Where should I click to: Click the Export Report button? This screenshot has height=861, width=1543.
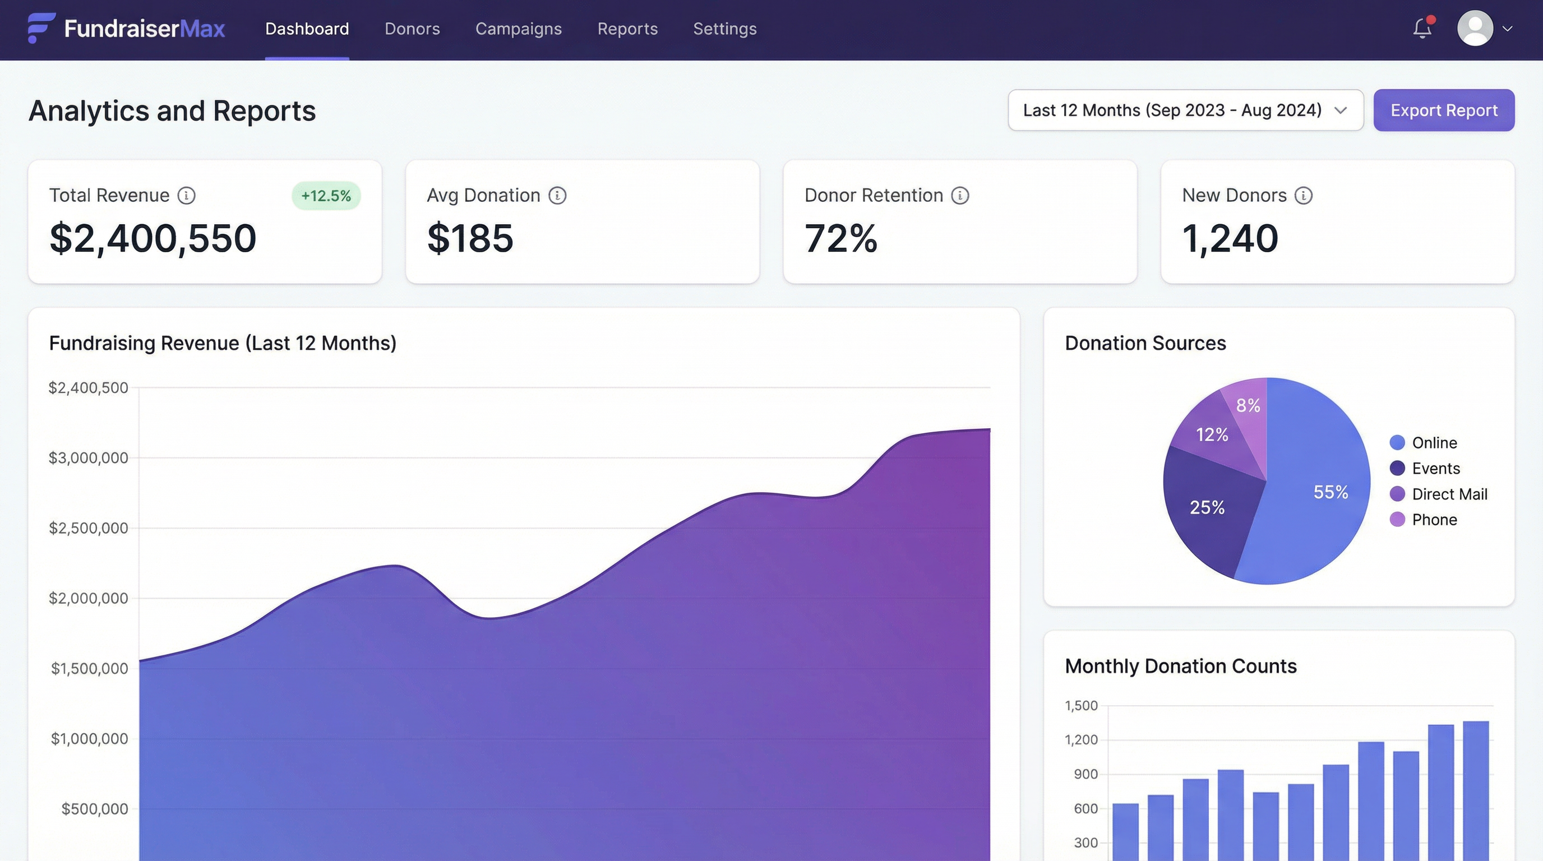(x=1444, y=110)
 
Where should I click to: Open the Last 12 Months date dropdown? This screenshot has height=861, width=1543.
(x=1185, y=110)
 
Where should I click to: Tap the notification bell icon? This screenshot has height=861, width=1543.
(x=1422, y=28)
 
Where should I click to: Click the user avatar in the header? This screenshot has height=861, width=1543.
(x=1475, y=28)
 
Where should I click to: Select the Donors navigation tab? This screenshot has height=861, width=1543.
(x=412, y=29)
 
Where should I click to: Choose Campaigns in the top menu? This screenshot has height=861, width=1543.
(x=518, y=29)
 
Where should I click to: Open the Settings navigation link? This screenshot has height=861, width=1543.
(x=725, y=29)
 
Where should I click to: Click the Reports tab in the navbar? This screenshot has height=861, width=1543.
(x=627, y=29)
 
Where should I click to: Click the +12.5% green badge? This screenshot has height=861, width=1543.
(x=326, y=196)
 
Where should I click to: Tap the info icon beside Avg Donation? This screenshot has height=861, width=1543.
(x=557, y=196)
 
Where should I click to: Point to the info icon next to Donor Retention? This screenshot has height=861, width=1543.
(x=959, y=196)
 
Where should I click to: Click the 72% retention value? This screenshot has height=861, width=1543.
(x=840, y=238)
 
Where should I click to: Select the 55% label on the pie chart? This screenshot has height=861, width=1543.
(x=1331, y=492)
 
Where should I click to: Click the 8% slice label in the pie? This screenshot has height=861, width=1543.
(x=1248, y=405)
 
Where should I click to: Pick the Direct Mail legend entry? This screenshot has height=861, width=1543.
(x=1449, y=494)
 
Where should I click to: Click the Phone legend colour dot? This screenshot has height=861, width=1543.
(x=1397, y=519)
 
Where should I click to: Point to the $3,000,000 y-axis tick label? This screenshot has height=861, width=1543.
(x=89, y=458)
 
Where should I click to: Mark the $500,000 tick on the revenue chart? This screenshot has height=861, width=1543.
(x=95, y=809)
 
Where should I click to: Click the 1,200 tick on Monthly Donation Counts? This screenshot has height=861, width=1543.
(x=1080, y=740)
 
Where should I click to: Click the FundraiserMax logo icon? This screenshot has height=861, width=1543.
(x=41, y=28)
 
